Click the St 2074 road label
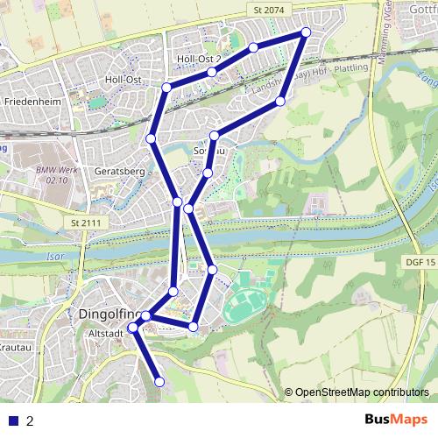[268, 9]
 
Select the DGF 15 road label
[421, 262]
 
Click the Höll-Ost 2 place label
[198, 59]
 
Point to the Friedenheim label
[31, 102]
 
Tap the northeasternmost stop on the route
[306, 32]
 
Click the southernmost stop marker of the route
[159, 382]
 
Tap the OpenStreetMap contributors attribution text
[362, 392]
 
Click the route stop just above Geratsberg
[151, 138]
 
